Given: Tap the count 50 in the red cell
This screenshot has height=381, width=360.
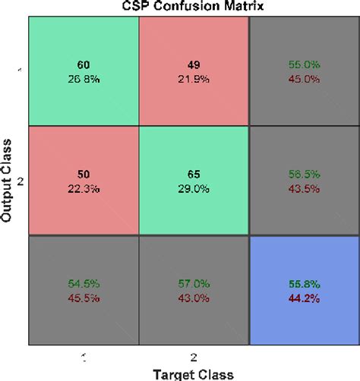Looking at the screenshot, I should (83, 173).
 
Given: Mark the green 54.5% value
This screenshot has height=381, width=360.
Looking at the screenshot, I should (83, 283).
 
